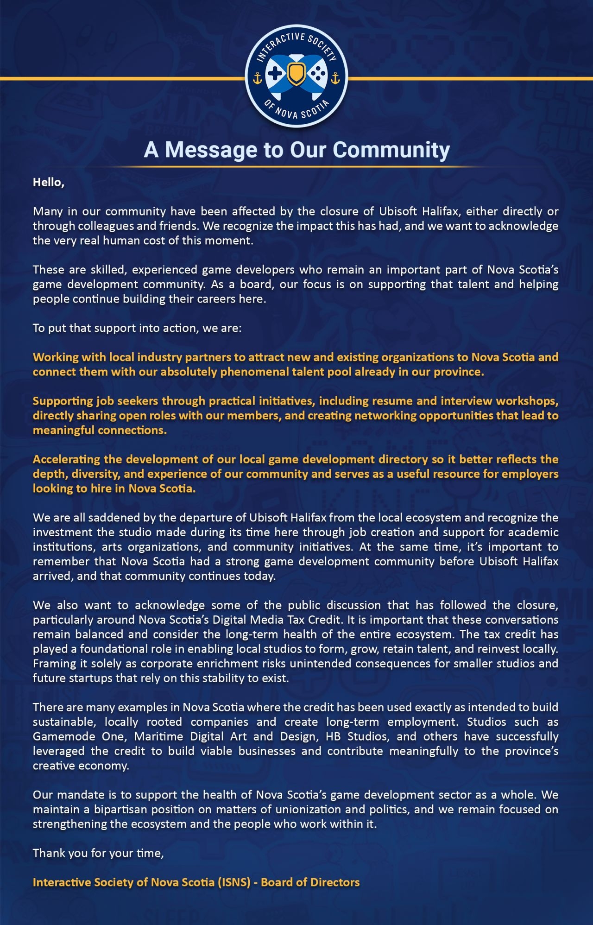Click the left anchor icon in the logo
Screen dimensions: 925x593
coord(258,78)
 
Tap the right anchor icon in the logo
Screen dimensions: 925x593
coord(335,78)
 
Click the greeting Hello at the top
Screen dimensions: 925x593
coord(48,182)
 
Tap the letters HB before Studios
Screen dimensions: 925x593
coord(333,736)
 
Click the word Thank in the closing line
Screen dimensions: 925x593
coord(49,853)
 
